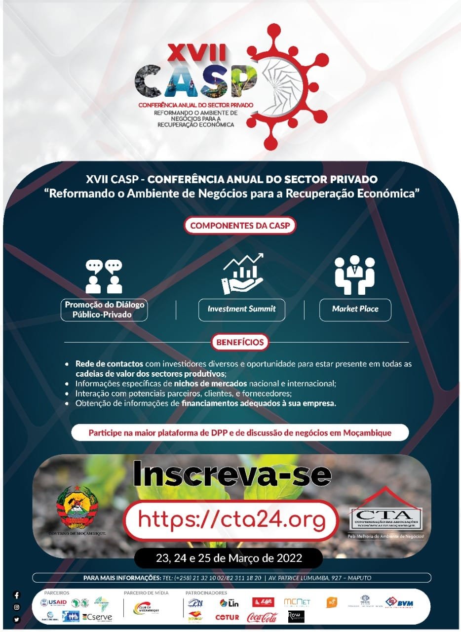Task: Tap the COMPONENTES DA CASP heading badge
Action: pos(240,226)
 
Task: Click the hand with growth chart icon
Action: pos(242,274)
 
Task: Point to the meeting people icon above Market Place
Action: pos(354,275)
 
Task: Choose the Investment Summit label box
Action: pos(241,310)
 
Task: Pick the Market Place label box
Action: pos(355,310)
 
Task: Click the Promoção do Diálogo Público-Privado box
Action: pos(104,310)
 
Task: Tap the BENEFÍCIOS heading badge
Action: pos(240,341)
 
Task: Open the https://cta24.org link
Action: pos(231,520)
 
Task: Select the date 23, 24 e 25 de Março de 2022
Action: pos(229,558)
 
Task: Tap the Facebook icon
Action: pos(17,595)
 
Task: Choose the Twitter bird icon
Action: pos(17,620)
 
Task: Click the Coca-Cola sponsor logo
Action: pos(262,617)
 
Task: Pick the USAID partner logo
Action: pos(53,603)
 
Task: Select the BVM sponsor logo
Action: pos(399,603)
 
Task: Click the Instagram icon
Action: pos(17,607)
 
